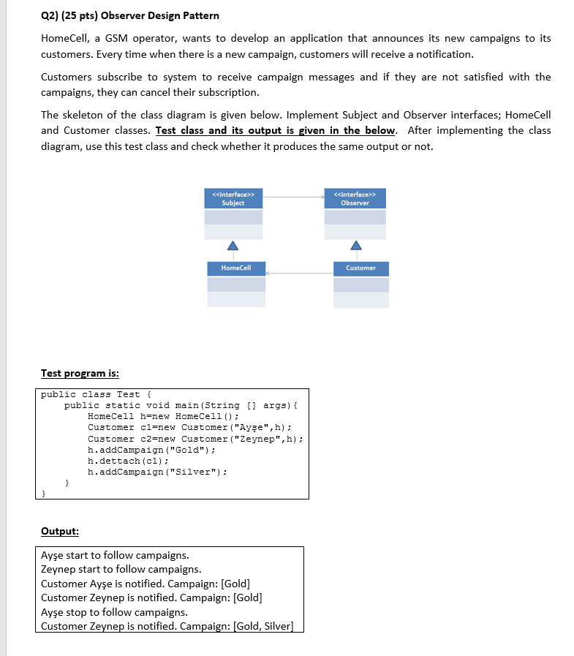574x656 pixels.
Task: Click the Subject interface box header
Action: point(233,199)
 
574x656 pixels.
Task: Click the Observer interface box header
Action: point(355,199)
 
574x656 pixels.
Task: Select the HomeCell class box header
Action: point(235,268)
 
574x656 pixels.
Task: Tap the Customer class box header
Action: point(360,268)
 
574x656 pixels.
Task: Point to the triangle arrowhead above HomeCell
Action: point(233,245)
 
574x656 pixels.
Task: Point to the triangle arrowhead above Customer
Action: point(355,245)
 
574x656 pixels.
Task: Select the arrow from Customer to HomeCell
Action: point(300,273)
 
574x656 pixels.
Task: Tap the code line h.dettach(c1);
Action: point(129,461)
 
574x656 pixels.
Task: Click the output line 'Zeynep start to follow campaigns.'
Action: point(121,569)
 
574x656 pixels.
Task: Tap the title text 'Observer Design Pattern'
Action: point(165,15)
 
